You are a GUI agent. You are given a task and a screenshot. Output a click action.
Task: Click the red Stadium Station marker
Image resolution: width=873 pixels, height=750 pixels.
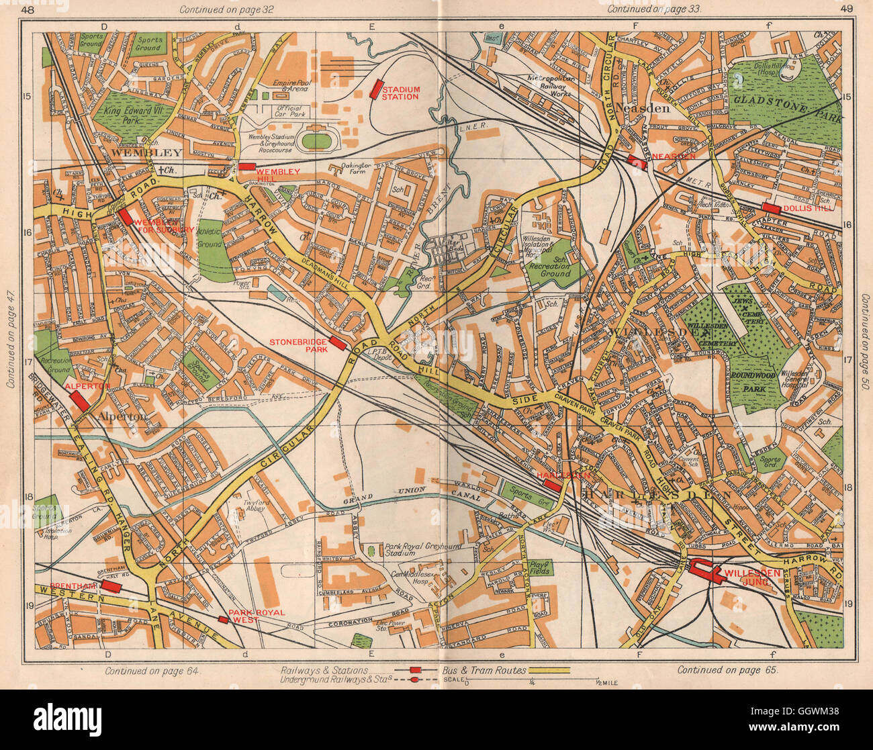(x=377, y=89)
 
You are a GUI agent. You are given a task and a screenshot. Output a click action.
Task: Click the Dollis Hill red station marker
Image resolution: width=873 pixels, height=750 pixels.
(x=770, y=208)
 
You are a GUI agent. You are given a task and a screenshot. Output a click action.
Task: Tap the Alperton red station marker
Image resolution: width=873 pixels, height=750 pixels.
(x=79, y=401)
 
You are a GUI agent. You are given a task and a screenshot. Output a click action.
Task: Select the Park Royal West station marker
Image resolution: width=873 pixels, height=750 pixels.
(x=222, y=619)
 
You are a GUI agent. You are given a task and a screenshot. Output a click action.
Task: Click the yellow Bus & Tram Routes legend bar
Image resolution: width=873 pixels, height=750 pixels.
(x=548, y=669)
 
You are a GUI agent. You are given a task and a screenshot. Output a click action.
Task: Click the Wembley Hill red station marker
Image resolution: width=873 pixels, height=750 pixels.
(x=246, y=167)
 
